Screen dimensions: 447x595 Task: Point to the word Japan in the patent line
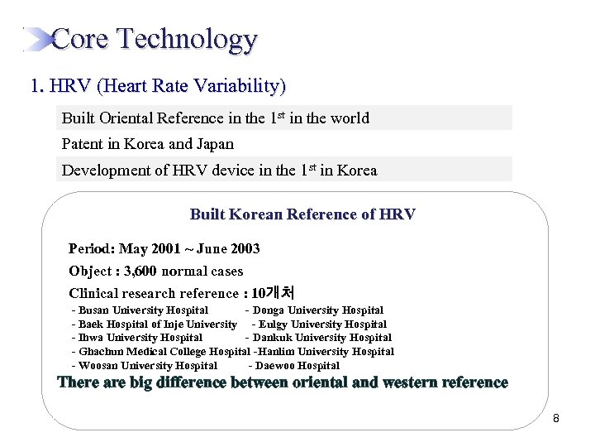(x=215, y=144)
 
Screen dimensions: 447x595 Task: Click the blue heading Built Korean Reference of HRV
(x=302, y=214)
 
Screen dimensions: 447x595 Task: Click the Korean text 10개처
(x=274, y=293)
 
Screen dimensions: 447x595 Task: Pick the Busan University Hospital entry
(x=143, y=310)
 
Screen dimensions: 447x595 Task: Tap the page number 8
(x=556, y=419)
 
